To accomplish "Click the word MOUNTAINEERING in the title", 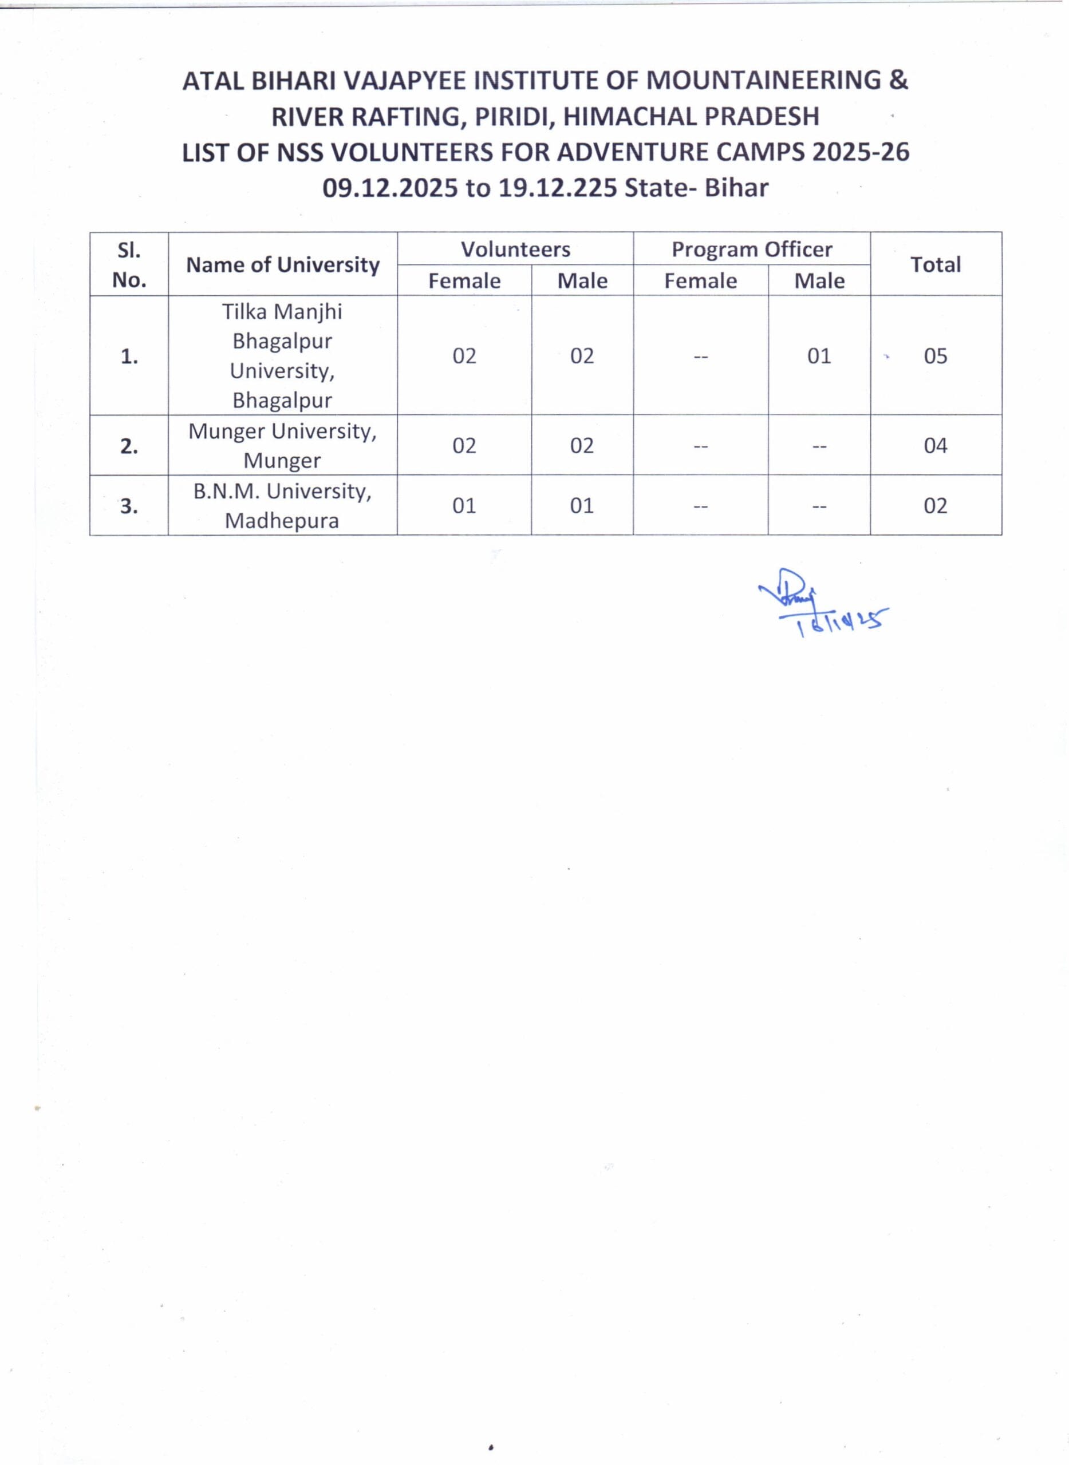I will coord(764,80).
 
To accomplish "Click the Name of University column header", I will coord(283,264).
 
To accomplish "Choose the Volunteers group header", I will coord(515,249).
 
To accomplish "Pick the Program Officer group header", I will coord(751,249).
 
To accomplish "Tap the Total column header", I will coord(935,264).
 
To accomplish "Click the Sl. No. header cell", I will coord(129,264).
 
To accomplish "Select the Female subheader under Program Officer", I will coord(700,281).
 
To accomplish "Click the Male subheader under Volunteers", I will coord(582,281).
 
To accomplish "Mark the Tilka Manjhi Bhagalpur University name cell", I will coord(283,356).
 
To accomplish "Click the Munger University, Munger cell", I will coord(283,446).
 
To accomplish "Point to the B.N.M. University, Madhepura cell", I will coord(283,506).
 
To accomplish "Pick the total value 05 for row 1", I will coord(935,356).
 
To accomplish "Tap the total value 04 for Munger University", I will coord(935,446).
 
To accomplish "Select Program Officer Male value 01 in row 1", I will coord(819,356).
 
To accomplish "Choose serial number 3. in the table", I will coord(129,506).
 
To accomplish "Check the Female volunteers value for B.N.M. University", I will coord(464,506).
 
